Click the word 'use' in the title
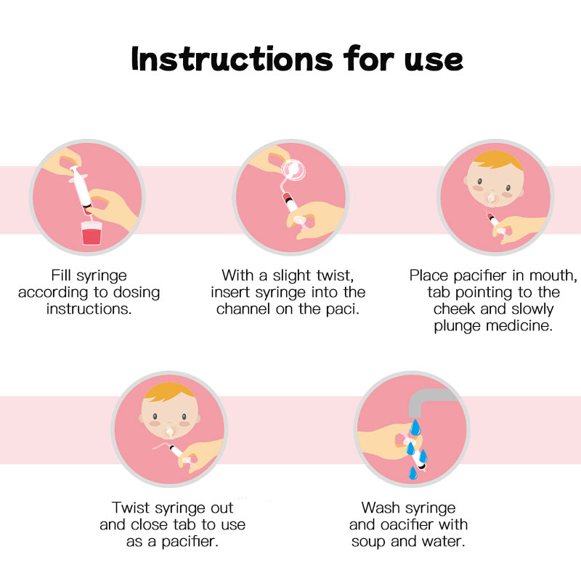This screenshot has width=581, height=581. (434, 61)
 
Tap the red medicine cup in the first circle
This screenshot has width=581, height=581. (92, 233)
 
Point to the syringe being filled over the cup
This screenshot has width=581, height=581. (81, 190)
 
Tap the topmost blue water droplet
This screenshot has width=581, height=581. (415, 427)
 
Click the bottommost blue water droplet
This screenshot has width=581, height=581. (413, 474)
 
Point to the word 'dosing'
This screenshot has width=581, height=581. (137, 293)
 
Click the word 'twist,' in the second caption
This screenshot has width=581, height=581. (335, 276)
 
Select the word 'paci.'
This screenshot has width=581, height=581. (343, 309)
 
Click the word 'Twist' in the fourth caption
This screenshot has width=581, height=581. (131, 508)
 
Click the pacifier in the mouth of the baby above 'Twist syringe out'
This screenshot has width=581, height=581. (170, 432)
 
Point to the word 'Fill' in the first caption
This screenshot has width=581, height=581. (61, 276)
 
